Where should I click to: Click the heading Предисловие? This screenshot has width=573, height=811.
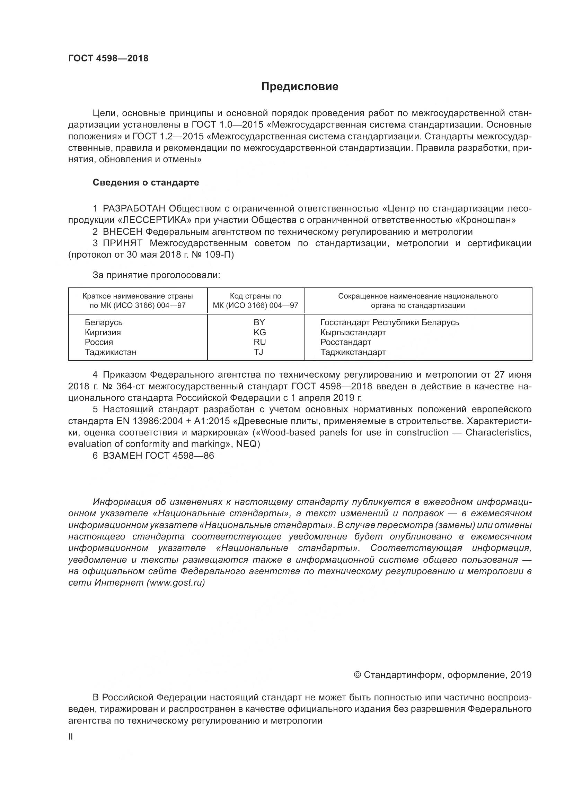click(300, 87)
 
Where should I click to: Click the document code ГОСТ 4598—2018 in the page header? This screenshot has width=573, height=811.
click(108, 58)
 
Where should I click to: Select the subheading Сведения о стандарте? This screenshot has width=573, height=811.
click(146, 183)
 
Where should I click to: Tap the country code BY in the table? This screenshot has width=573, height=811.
click(259, 322)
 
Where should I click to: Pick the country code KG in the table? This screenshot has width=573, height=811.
click(259, 333)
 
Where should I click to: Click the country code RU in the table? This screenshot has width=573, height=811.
click(259, 342)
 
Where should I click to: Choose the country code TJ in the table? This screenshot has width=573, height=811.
click(258, 352)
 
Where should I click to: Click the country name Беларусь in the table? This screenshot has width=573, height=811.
click(103, 322)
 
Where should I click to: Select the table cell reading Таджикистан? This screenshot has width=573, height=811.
click(111, 352)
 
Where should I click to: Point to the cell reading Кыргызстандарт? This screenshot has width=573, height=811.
click(353, 333)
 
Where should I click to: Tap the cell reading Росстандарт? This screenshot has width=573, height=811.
click(345, 342)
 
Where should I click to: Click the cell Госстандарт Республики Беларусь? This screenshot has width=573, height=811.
click(389, 322)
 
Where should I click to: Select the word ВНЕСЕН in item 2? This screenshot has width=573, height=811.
click(123, 232)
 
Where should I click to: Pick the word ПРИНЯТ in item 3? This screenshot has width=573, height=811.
click(123, 243)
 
